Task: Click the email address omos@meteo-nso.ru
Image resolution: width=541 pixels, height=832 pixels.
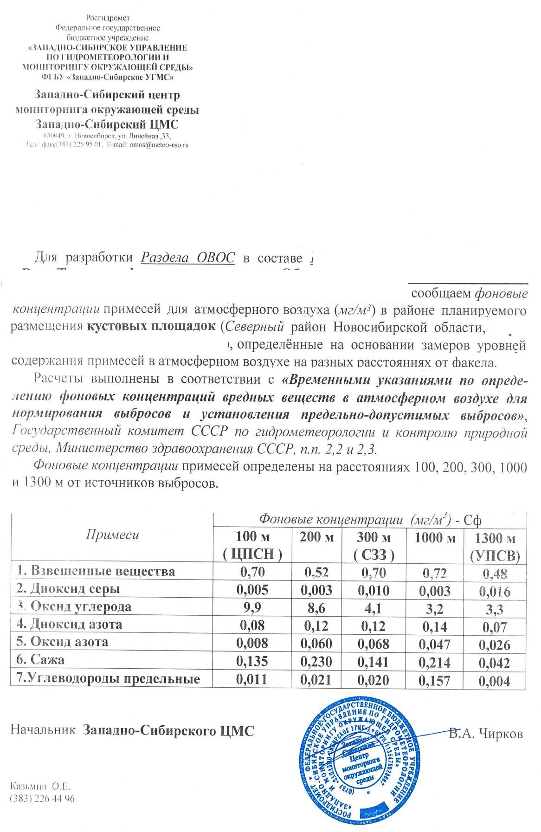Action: [159, 145]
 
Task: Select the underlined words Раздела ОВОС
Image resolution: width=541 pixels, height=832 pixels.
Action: [188, 258]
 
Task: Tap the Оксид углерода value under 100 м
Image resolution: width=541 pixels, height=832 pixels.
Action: [252, 607]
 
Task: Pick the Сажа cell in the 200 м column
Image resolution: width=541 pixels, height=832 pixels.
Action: [316, 661]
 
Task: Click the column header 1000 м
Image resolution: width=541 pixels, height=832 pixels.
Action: [435, 538]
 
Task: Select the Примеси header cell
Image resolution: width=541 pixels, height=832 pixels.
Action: [112, 535]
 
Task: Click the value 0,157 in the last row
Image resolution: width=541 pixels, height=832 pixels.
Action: [435, 680]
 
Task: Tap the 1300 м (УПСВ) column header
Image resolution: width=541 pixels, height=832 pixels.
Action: [495, 547]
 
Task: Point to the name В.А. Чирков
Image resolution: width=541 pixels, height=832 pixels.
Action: [486, 735]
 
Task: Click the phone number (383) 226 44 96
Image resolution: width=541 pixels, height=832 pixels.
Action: [42, 799]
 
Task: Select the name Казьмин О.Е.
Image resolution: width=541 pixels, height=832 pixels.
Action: [40, 787]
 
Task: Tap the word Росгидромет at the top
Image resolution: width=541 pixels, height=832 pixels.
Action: [108, 18]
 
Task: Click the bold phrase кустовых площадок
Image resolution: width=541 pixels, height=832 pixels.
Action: [151, 327]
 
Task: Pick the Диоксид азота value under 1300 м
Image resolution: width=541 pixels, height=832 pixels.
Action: [495, 627]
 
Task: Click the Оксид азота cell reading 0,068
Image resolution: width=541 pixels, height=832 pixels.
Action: [374, 644]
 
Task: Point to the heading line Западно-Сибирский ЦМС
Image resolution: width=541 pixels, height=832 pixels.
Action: [107, 124]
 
